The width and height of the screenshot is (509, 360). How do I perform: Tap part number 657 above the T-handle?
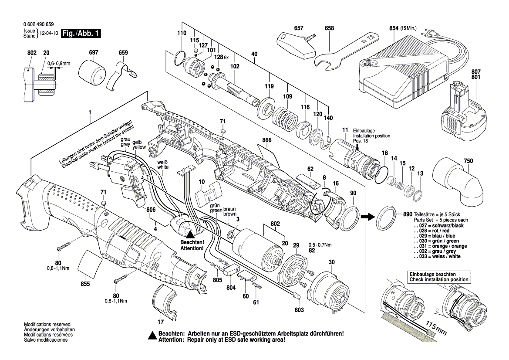pyautogui.click(x=299, y=28)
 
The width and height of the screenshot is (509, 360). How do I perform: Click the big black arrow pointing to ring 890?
pyautogui.click(x=369, y=215)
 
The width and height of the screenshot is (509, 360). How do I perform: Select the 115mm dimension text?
pyautogui.click(x=435, y=329)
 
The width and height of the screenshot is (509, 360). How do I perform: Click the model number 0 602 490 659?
pyautogui.click(x=40, y=25)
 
